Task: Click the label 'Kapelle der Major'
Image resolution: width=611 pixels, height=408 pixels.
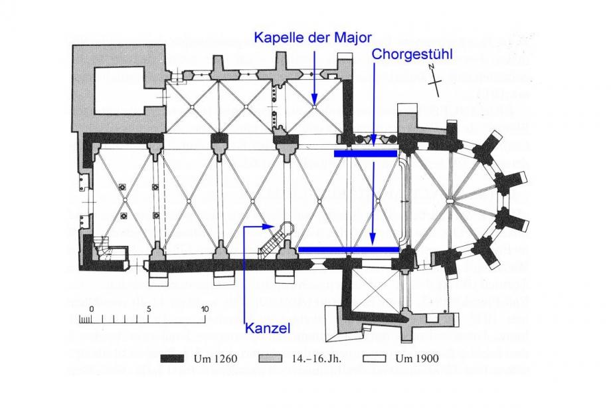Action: (x=312, y=37)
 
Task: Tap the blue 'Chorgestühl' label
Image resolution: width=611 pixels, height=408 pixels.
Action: (x=412, y=54)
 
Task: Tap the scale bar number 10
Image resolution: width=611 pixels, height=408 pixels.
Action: (x=205, y=309)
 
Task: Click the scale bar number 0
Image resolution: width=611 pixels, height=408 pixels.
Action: (x=92, y=309)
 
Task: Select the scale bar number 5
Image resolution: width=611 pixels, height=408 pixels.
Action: (x=149, y=309)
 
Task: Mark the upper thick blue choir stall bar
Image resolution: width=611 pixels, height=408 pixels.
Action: (x=365, y=153)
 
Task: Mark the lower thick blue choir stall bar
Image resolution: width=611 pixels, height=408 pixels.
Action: (x=348, y=249)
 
